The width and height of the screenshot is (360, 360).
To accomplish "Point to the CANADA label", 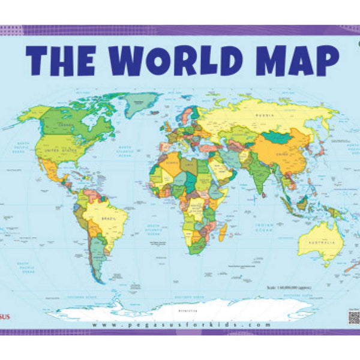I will click(65, 125).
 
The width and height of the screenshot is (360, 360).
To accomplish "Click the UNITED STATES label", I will click(63, 152).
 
